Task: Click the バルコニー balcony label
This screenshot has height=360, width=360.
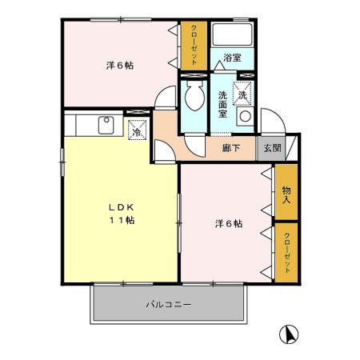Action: [x=168, y=305]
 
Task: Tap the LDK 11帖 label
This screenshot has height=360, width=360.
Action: [x=122, y=214]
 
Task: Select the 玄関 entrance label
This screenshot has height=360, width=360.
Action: [x=272, y=148]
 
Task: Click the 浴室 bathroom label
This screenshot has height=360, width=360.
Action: [x=232, y=58]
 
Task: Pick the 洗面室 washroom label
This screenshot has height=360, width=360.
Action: [x=224, y=105]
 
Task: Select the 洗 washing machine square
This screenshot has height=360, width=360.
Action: [x=242, y=95]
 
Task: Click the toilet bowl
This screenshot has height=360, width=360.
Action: [x=193, y=100]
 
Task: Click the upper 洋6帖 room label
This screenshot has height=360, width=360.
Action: [x=120, y=66]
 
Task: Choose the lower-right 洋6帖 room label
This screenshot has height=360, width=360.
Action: [x=228, y=223]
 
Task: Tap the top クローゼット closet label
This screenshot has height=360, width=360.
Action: [x=194, y=46]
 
